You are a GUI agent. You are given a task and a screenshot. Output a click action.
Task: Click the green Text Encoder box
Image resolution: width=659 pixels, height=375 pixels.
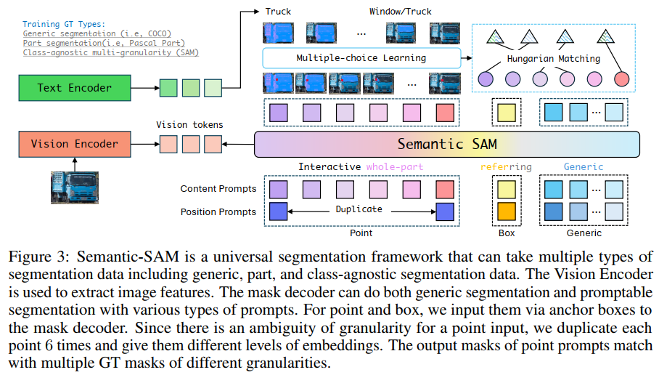click(75, 88)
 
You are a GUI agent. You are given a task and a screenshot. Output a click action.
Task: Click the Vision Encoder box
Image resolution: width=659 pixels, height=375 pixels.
click(75, 144)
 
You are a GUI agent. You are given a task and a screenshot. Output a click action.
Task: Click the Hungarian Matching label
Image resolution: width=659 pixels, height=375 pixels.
click(554, 57)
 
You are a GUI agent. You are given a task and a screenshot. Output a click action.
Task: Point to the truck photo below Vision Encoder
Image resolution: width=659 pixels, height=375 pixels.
click(75, 185)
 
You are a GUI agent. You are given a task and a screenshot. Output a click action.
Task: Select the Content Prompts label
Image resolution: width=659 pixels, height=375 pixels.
click(218, 189)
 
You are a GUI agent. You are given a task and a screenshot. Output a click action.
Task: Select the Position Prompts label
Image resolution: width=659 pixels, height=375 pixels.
click(218, 211)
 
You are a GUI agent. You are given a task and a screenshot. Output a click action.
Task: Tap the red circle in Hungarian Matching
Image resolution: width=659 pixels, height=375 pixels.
click(621, 79)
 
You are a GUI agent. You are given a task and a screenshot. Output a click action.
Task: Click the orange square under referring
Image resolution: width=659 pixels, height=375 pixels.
click(506, 211)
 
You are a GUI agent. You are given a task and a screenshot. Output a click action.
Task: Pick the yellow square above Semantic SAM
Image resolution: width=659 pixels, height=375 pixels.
click(506, 113)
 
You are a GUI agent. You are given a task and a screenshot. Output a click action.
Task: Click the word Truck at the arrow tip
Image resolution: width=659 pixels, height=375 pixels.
click(279, 12)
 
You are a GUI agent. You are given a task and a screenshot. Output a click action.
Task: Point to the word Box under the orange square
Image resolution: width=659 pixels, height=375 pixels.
click(506, 233)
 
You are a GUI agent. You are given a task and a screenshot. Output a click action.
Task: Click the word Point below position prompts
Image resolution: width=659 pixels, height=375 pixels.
click(361, 233)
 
